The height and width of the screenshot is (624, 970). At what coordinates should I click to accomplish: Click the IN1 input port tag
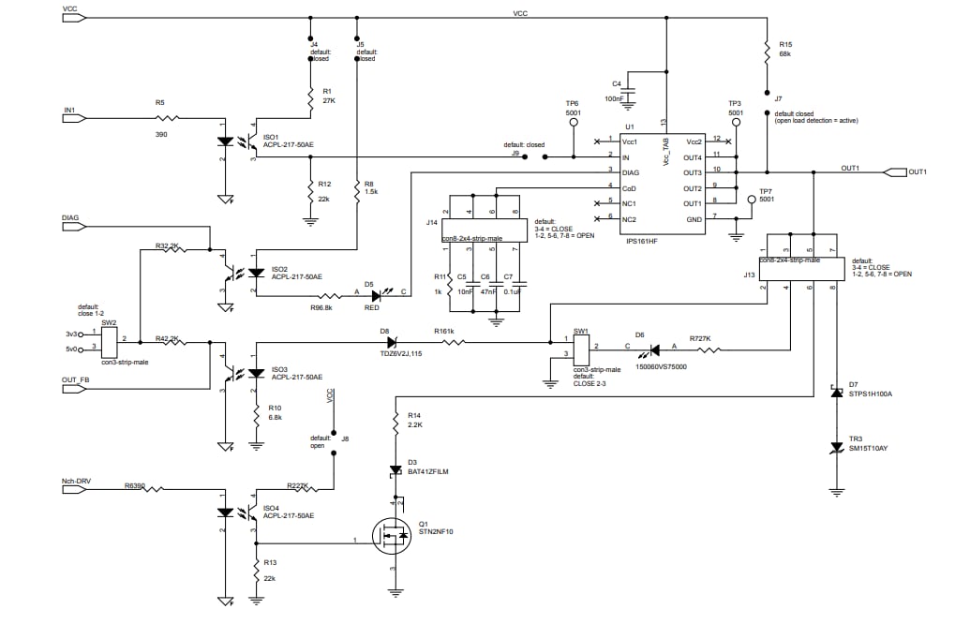pyautogui.click(x=74, y=118)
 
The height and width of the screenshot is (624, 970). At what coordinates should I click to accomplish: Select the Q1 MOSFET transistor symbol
pyautogui.click(x=392, y=537)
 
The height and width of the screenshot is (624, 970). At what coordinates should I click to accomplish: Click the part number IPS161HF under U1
pyautogui.click(x=644, y=241)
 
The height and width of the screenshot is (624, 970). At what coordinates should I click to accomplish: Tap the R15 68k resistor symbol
pyautogui.click(x=768, y=50)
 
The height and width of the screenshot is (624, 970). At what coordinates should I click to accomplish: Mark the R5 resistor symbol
pyautogui.click(x=166, y=118)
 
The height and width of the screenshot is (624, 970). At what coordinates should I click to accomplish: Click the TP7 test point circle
pyautogui.click(x=751, y=199)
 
